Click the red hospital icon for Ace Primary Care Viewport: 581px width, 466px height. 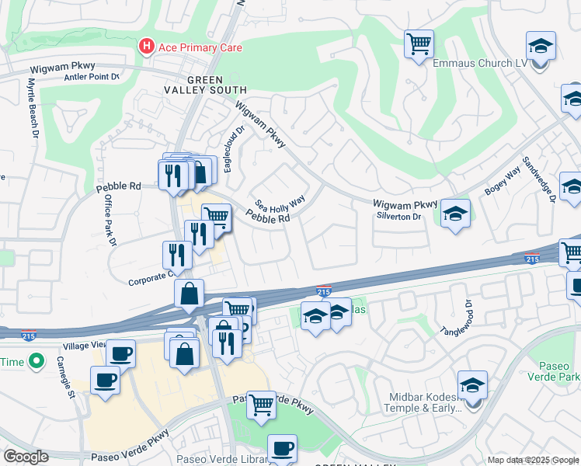pyautogui.click(x=145, y=47)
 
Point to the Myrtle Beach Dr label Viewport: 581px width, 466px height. pyautogui.click(x=33, y=108)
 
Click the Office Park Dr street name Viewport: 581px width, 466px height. pyautogui.click(x=109, y=221)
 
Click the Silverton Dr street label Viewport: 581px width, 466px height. pyautogui.click(x=397, y=217)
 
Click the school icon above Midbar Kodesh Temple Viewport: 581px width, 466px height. pyautogui.click(x=472, y=384)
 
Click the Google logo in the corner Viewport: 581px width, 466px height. pyautogui.click(x=26, y=457)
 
